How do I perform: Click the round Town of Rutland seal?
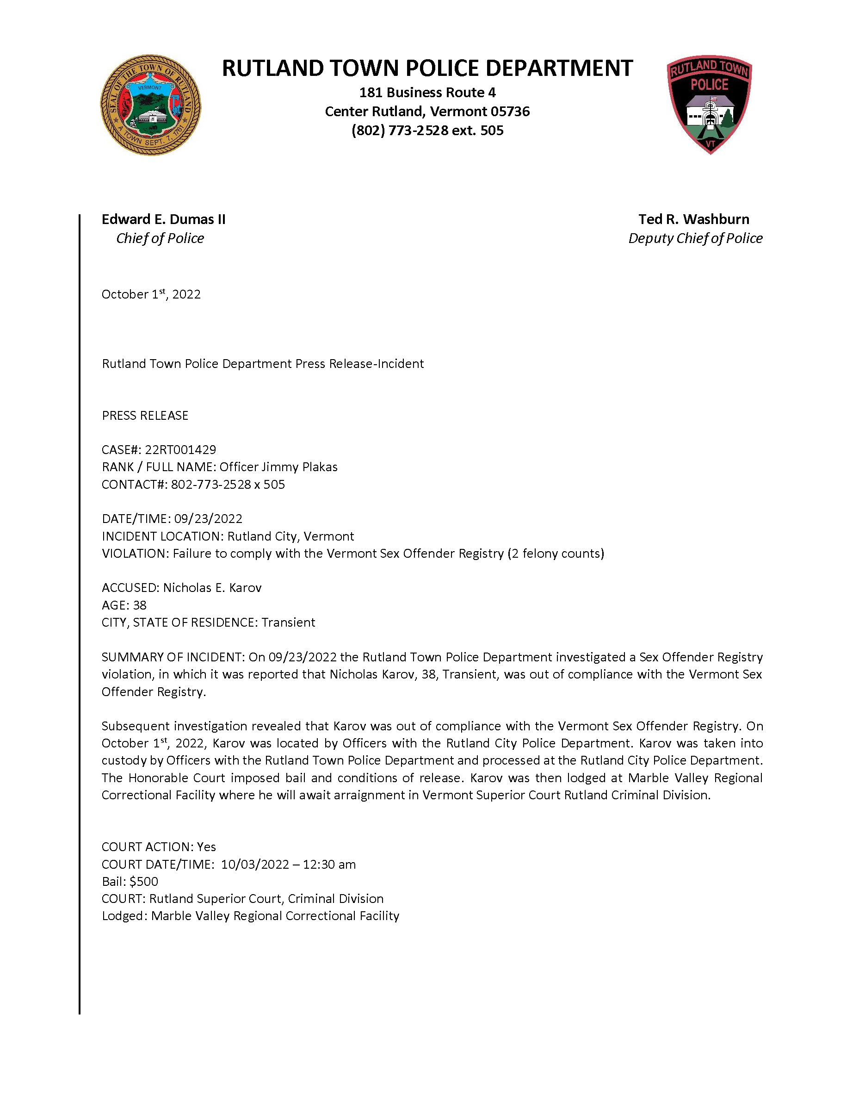pos(150,105)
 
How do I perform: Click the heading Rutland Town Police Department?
pos(427,68)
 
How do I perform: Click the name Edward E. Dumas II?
pos(163,219)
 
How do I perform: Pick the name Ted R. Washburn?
pos(693,219)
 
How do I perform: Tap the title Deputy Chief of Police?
pos(695,238)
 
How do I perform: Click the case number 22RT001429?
pos(180,449)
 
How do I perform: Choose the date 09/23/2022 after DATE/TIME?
pos(208,518)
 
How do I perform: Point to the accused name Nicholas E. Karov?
pos(212,588)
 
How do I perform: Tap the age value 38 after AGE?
pos(139,605)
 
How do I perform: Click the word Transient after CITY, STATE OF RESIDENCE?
pos(289,622)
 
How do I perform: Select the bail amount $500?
pos(144,881)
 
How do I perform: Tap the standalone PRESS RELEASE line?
pos(145,416)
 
